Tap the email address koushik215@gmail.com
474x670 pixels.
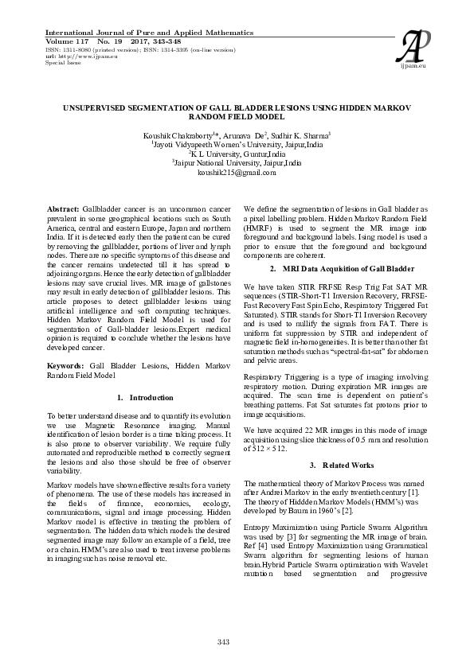pos(237,172)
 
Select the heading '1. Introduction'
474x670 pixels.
pos(144,397)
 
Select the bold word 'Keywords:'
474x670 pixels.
pos(67,364)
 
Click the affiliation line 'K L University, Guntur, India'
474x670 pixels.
pos(237,154)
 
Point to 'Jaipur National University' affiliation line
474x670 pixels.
pos(237,163)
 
